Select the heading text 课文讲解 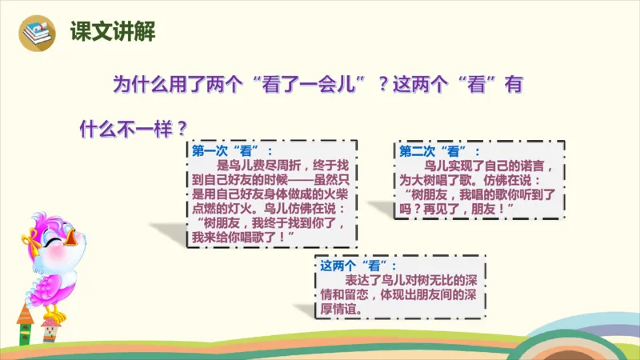click(x=112, y=32)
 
